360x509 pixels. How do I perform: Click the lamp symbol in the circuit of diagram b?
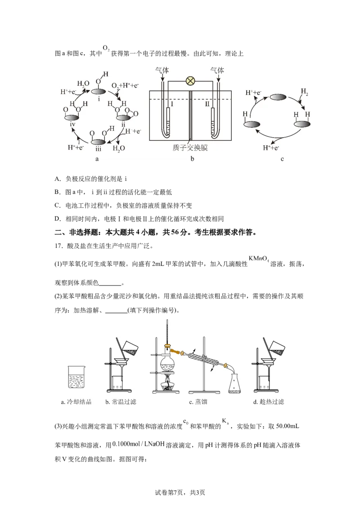click(x=190, y=81)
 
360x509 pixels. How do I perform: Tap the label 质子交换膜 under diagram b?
click(x=190, y=147)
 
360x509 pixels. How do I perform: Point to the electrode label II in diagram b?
click(x=207, y=104)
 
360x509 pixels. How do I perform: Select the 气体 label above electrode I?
click(x=162, y=71)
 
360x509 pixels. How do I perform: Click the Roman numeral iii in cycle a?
click(x=99, y=149)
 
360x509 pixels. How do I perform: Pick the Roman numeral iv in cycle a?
click(x=72, y=125)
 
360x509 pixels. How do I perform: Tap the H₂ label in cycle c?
click(x=304, y=92)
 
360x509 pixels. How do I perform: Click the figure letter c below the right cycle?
click(x=282, y=159)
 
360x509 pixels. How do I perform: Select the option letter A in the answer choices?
click(x=57, y=179)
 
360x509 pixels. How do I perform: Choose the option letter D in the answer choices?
click(x=57, y=219)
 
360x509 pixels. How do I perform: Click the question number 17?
click(x=58, y=246)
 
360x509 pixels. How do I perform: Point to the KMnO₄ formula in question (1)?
click(x=259, y=259)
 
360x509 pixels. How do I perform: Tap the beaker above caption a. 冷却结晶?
click(x=76, y=377)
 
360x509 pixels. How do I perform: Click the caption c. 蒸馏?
click(x=198, y=402)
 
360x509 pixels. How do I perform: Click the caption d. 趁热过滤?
click(x=268, y=402)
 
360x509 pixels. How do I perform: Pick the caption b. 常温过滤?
click(x=121, y=402)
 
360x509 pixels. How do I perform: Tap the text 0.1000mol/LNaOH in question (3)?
click(x=139, y=444)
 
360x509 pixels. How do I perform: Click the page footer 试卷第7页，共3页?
click(x=180, y=492)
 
